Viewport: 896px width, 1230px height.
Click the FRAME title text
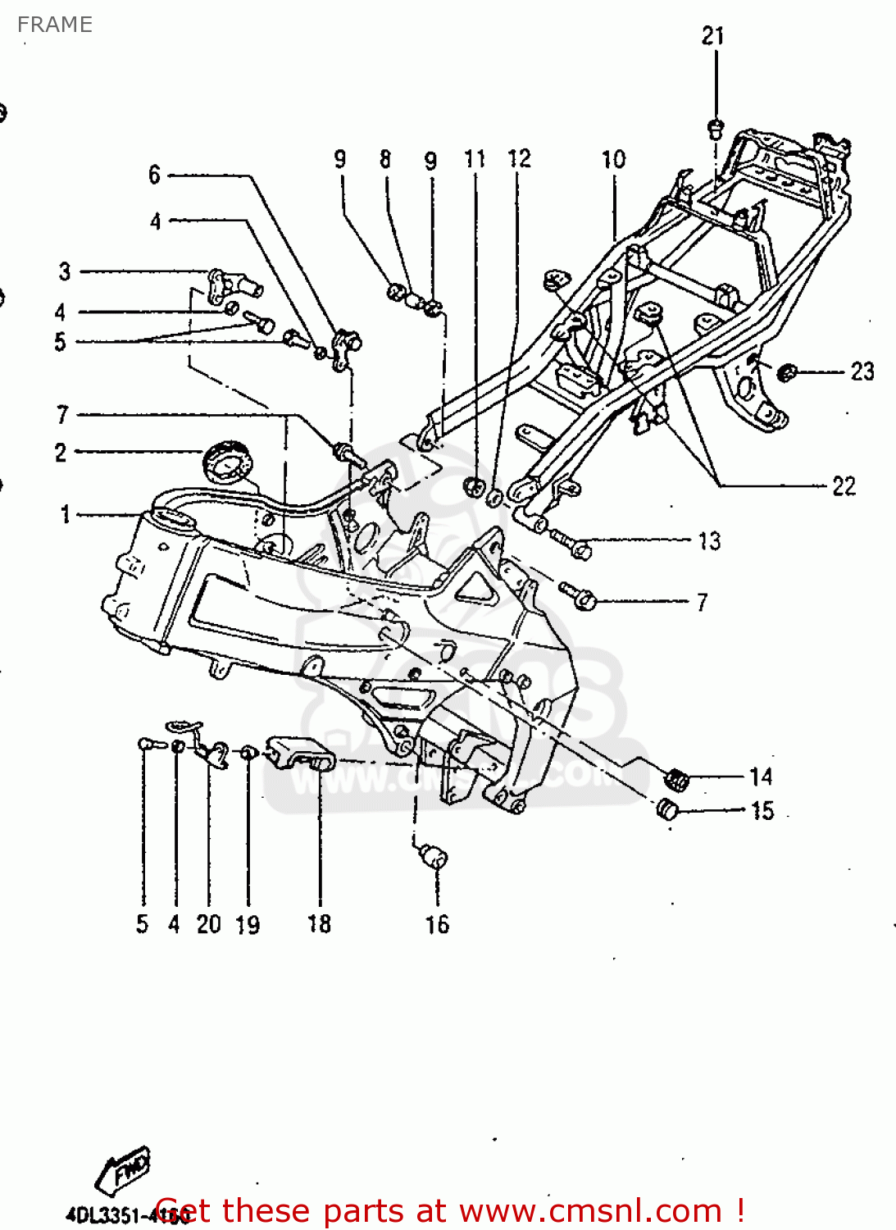pyautogui.click(x=54, y=25)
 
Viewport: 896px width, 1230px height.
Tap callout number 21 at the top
pyautogui.click(x=712, y=36)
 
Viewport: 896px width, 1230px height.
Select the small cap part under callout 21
pyautogui.click(x=715, y=127)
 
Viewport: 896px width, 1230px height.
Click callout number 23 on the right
pyautogui.click(x=862, y=371)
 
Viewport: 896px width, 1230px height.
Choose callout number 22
pyautogui.click(x=844, y=486)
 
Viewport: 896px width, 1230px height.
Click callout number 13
pyautogui.click(x=709, y=541)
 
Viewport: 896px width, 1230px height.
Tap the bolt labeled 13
pyautogui.click(x=571, y=543)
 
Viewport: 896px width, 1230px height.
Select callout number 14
pyautogui.click(x=761, y=777)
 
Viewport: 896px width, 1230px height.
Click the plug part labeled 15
pyautogui.click(x=668, y=810)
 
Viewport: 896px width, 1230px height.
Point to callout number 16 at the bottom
pyautogui.click(x=437, y=925)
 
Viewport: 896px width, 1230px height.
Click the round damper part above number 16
pyautogui.click(x=433, y=858)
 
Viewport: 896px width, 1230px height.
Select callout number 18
pyautogui.click(x=319, y=924)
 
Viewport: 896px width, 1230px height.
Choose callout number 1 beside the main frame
pyautogui.click(x=65, y=515)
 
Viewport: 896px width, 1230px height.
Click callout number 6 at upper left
pyautogui.click(x=154, y=175)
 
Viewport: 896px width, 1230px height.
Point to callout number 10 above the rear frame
pyautogui.click(x=613, y=159)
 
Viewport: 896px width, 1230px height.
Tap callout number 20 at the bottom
pyautogui.click(x=209, y=924)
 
